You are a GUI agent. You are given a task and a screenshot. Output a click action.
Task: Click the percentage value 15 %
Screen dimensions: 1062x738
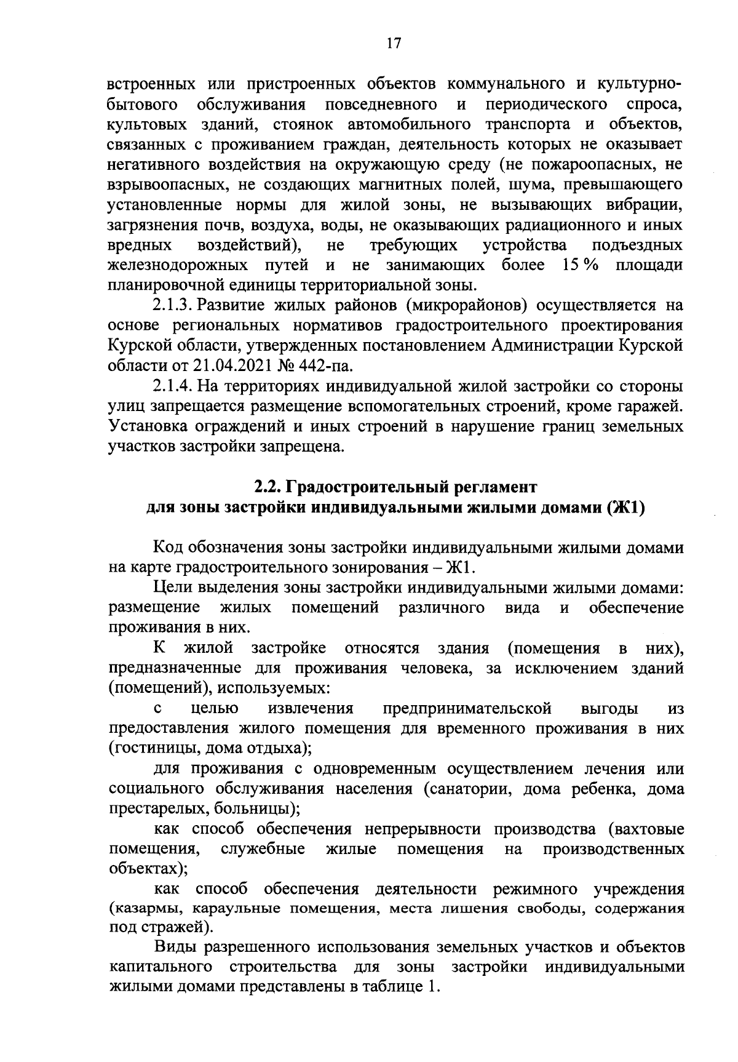[x=581, y=265]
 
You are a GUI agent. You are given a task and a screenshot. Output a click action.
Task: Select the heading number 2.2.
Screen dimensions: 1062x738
[x=268, y=487]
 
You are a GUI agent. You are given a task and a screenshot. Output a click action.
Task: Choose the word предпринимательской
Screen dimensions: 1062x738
[x=466, y=708]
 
